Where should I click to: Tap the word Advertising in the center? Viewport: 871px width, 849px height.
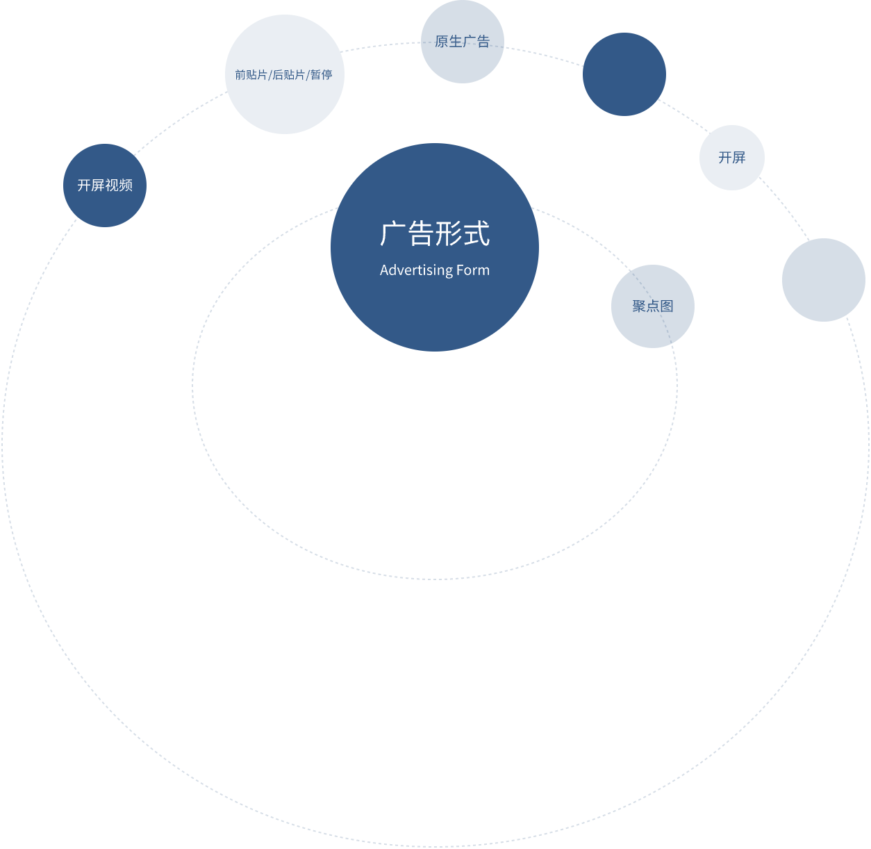pyautogui.click(x=415, y=270)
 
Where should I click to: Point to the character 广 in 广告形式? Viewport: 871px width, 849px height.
pyautogui.click(x=393, y=234)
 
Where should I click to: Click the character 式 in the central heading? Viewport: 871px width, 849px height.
pyautogui.click(x=477, y=234)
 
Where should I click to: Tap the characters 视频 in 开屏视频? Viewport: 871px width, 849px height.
pyautogui.click(x=119, y=186)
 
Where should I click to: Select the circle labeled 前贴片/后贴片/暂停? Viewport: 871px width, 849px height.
pyautogui.click(x=285, y=104)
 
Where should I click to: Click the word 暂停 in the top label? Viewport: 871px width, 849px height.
pyautogui.click(x=321, y=75)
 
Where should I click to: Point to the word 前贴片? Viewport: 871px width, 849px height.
pyautogui.click(x=251, y=75)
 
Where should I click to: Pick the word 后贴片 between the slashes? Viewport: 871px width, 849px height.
pyautogui.click(x=288, y=75)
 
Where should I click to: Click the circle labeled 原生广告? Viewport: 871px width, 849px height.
pyautogui.click(x=462, y=63)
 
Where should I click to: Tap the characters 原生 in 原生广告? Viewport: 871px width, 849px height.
pyautogui.click(x=448, y=42)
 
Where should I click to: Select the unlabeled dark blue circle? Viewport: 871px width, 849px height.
pyautogui.click(x=624, y=74)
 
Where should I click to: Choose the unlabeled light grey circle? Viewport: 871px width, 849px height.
pyautogui.click(x=824, y=280)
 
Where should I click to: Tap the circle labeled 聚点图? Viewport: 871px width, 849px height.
pyautogui.click(x=653, y=327)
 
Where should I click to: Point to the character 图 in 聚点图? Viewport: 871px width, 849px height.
pyautogui.click(x=667, y=306)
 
